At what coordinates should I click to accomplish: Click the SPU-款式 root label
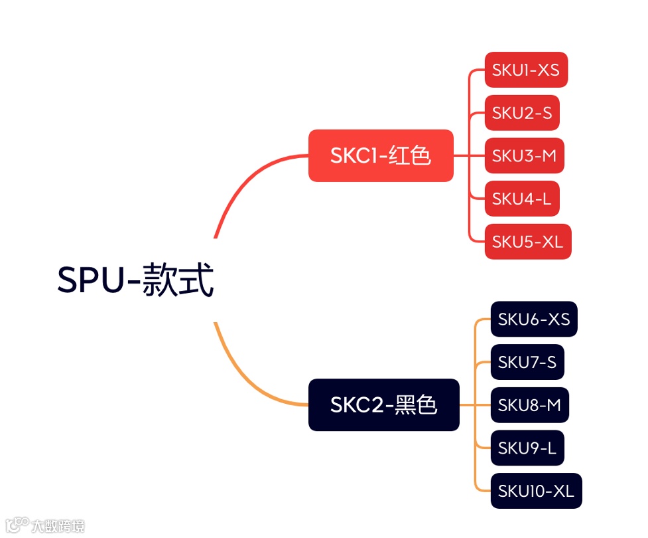(x=135, y=281)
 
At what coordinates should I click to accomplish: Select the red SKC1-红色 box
(x=381, y=155)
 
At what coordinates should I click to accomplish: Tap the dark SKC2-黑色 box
(x=383, y=404)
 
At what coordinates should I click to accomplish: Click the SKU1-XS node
(x=526, y=70)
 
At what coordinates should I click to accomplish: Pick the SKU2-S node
(x=521, y=113)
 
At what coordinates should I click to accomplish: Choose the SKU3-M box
(x=524, y=155)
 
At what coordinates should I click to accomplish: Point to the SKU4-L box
(x=521, y=199)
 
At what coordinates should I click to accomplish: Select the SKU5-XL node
(x=527, y=242)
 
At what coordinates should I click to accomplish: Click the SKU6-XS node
(x=533, y=319)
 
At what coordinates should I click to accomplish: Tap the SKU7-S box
(x=527, y=362)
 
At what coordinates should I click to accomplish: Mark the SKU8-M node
(x=529, y=404)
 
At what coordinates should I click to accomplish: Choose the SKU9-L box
(x=527, y=448)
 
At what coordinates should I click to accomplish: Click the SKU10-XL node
(x=536, y=491)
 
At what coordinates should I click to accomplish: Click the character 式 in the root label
(x=198, y=281)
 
